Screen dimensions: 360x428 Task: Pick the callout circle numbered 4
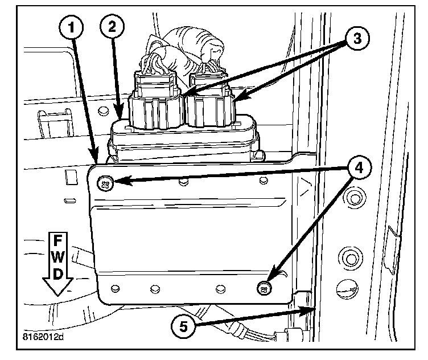click(x=356, y=168)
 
